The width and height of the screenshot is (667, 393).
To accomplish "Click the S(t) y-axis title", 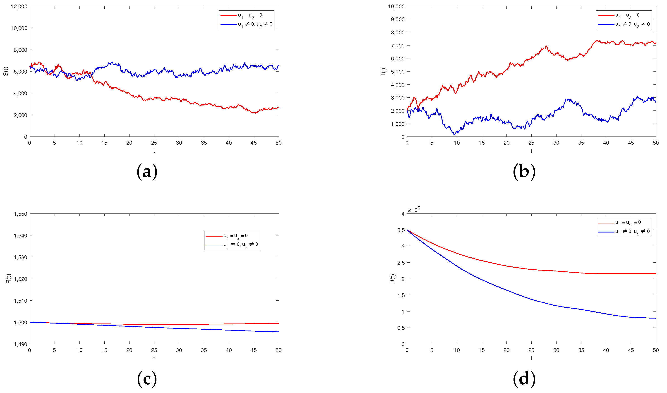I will tap(6, 72).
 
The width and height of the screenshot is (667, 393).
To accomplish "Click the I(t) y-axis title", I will tap(383, 72).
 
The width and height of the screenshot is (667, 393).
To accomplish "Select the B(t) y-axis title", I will tap(392, 279).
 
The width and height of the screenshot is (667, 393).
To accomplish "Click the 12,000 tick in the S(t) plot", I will tap(19, 7).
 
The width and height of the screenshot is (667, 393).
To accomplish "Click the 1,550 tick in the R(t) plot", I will tap(20, 214).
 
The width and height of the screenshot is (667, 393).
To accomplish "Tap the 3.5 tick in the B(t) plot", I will tap(401, 230).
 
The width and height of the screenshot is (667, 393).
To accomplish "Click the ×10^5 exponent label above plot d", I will tap(414, 210).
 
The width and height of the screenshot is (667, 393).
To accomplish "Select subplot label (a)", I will tap(147, 172).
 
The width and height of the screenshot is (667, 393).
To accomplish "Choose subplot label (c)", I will tap(147, 379).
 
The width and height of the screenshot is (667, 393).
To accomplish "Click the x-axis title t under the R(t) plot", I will tap(154, 358).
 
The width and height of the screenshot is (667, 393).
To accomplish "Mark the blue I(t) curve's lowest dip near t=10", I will tap(454, 134).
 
